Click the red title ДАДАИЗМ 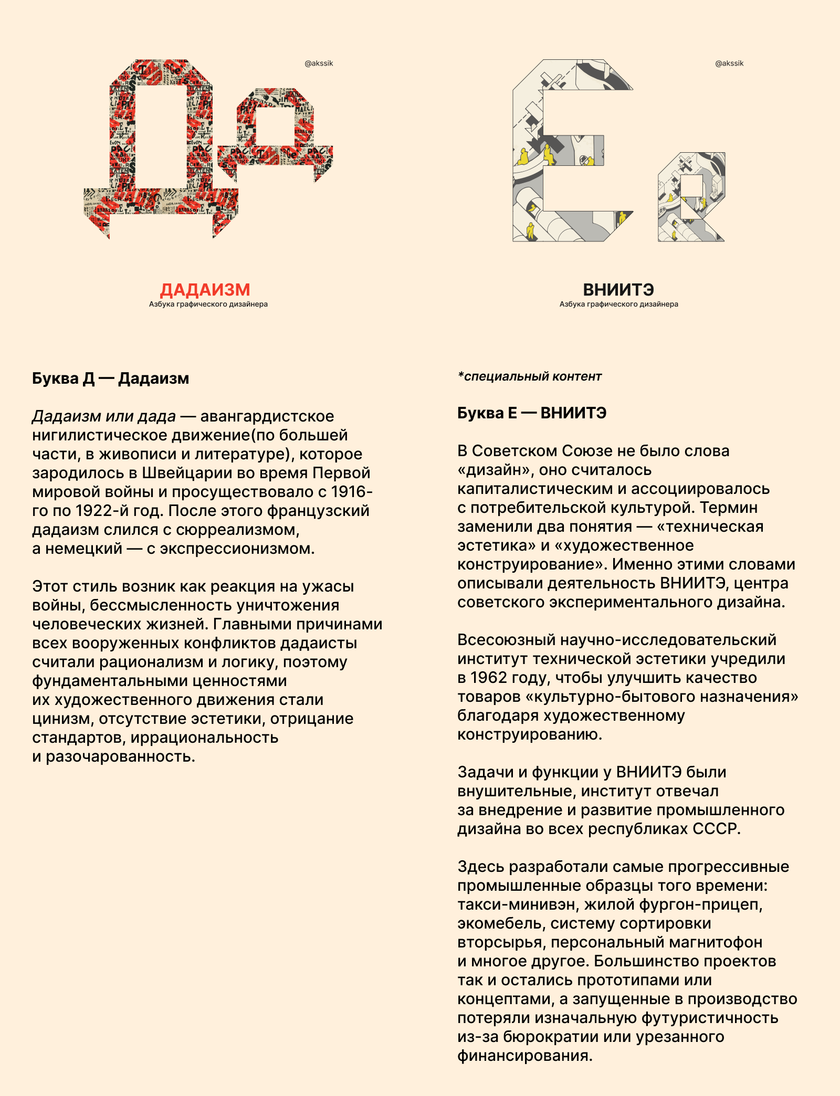click(205, 290)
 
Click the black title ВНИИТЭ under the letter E click(618, 290)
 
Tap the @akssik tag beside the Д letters click(319, 64)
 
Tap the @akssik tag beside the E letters click(729, 64)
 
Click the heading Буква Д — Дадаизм click(110, 378)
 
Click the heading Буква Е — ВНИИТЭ click(531, 413)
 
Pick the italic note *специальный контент click(529, 376)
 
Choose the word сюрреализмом click(237, 530)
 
